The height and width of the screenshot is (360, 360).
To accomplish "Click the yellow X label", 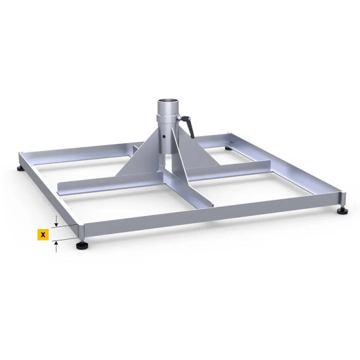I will pyautogui.click(x=43, y=234).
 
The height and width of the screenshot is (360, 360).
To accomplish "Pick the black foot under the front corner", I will pyautogui.click(x=80, y=244).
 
